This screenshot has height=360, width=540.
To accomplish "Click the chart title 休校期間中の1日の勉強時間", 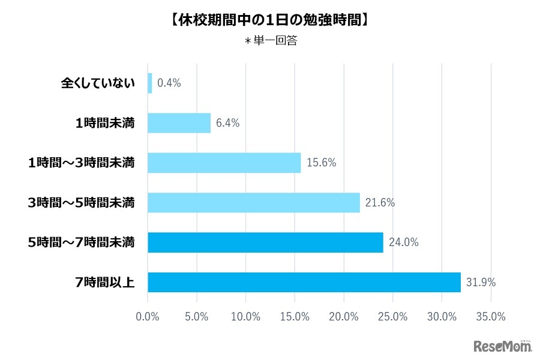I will pyautogui.click(x=269, y=19).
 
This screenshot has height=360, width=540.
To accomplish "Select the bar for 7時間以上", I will pyautogui.click(x=304, y=282).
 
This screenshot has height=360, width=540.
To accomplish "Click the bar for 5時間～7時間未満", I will pyautogui.click(x=265, y=242).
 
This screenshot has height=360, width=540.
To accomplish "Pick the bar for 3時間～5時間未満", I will pyautogui.click(x=253, y=203).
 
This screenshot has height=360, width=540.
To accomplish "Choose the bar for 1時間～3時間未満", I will pyautogui.click(x=224, y=163).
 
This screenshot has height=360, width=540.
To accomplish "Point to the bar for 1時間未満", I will pyautogui.click(x=179, y=123).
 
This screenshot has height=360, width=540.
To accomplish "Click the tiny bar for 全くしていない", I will pyautogui.click(x=149, y=83).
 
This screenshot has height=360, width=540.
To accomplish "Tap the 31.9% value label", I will pyautogui.click(x=481, y=282).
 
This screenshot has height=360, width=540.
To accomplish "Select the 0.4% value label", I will pyautogui.click(x=169, y=83).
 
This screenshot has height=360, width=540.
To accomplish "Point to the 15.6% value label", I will pyautogui.click(x=321, y=163).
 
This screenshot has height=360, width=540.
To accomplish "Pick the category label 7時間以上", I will pyautogui.click(x=106, y=282).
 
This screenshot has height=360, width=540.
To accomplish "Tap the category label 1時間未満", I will pyautogui.click(x=105, y=123).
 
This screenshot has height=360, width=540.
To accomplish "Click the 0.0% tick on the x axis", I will pyautogui.click(x=148, y=317).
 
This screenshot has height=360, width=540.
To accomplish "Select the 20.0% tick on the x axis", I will pyautogui.click(x=344, y=317).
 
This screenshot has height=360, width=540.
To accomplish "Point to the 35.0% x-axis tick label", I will pyautogui.click(x=491, y=317).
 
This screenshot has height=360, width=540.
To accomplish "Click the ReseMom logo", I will pyautogui.click(x=503, y=346).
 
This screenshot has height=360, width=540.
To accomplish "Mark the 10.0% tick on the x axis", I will pyautogui.click(x=245, y=317).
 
